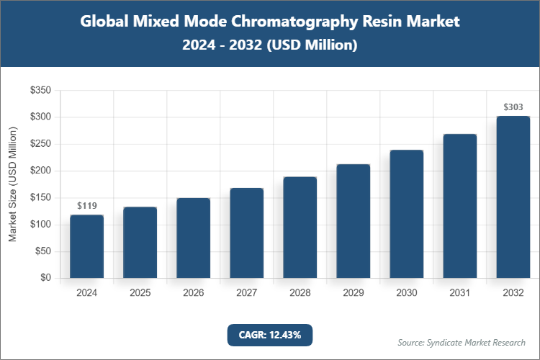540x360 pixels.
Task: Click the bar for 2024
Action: [x=86, y=246]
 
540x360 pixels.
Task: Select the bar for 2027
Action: [x=247, y=233]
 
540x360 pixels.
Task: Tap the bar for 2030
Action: [x=407, y=214]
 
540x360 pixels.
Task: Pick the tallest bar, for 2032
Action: [x=513, y=197]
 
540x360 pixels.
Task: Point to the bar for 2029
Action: [x=354, y=221]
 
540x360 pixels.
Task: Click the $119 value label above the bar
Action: [x=86, y=206]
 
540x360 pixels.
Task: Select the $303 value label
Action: [x=513, y=107]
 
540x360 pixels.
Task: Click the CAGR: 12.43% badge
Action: [x=270, y=335]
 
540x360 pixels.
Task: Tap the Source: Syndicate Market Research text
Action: [x=462, y=342]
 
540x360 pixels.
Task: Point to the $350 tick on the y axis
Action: [x=40, y=90]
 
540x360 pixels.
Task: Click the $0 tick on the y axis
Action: [x=45, y=278]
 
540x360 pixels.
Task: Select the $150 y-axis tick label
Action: [x=40, y=197]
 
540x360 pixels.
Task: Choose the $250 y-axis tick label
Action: [x=40, y=144]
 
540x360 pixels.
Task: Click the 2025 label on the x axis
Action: [x=140, y=293]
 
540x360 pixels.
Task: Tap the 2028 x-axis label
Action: [x=300, y=293]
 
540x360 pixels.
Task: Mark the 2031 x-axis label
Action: [x=460, y=293]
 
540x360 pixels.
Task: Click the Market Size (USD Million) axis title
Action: [x=13, y=184]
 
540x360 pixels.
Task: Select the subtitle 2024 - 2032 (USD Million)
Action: [x=270, y=45]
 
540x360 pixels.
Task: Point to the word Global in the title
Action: [x=105, y=22]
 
